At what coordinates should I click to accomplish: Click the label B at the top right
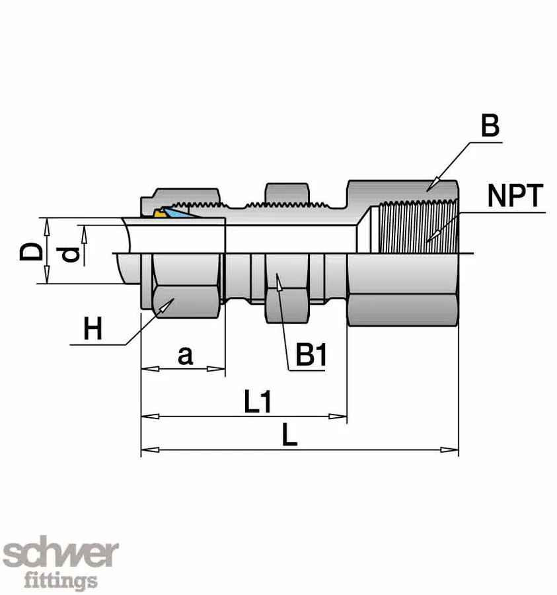coord(490,126)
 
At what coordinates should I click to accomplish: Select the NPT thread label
coord(515,196)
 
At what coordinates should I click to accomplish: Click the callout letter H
coord(93,329)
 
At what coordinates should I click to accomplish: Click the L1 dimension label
coord(258,403)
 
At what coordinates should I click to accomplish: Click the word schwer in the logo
coord(61,555)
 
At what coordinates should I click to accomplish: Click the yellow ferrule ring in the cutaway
coord(159,213)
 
